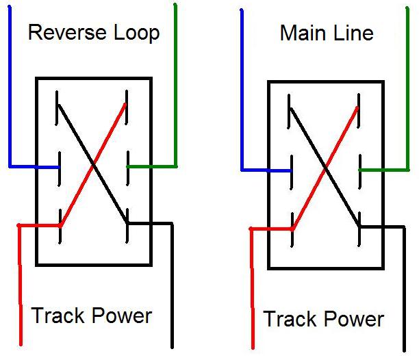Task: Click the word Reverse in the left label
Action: [x=67, y=32]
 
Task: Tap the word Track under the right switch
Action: [x=289, y=319]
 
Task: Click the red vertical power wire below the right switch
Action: [x=251, y=287]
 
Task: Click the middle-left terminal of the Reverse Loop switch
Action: [x=60, y=166]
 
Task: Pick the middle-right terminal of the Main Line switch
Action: [x=359, y=170]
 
